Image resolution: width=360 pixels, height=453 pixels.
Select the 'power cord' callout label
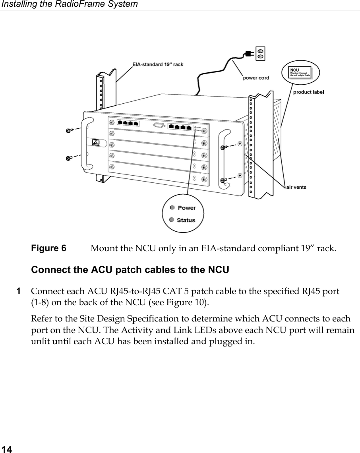[x=256, y=78]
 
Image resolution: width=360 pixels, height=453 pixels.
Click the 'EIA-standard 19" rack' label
[x=158, y=64]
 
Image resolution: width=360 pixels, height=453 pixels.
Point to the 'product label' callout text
[x=309, y=92]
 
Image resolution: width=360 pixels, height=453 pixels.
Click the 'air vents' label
[x=296, y=187]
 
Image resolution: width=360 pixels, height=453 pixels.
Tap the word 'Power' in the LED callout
[x=186, y=208]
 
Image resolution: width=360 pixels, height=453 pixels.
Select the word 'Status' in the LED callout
[x=186, y=220]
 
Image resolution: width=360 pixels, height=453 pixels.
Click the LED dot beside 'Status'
[x=172, y=220]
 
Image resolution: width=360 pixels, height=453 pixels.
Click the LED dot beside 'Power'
[x=172, y=207]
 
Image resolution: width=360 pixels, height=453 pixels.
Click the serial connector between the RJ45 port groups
[x=158, y=125]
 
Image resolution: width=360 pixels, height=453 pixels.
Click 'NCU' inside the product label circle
[x=294, y=70]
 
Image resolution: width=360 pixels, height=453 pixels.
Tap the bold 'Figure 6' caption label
[x=48, y=249]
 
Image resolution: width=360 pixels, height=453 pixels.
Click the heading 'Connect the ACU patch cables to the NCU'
[x=130, y=270]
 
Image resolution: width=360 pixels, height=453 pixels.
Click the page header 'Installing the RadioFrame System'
[x=69, y=4]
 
